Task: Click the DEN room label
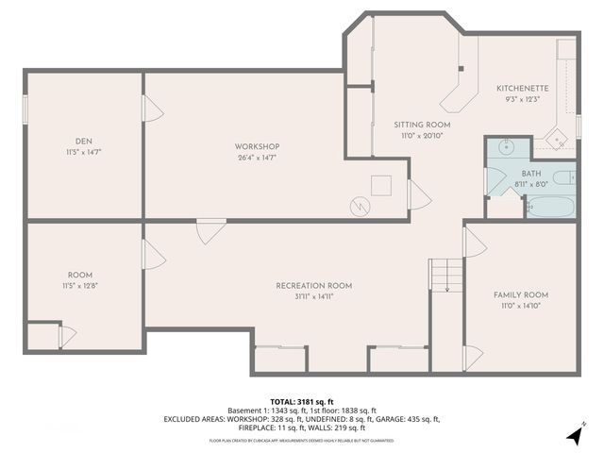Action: [84, 141]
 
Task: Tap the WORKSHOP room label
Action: [257, 146]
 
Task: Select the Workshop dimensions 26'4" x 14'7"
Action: [257, 158]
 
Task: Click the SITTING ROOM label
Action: [422, 125]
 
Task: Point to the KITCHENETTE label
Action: [522, 89]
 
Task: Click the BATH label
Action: [532, 175]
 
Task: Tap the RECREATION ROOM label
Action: [313, 285]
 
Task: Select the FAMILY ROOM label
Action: [521, 294]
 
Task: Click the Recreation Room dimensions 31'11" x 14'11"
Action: [313, 296]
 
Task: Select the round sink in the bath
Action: [505, 147]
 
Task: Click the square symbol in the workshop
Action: [381, 185]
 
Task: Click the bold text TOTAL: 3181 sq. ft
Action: [302, 401]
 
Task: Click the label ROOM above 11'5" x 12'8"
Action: [80, 275]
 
